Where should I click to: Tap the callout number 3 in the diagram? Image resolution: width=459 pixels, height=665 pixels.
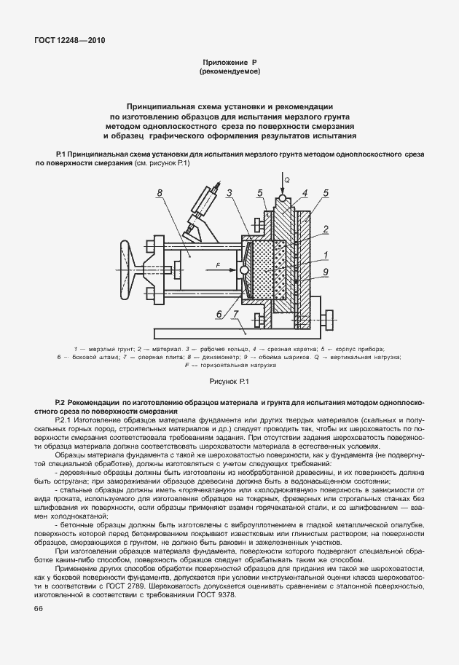229,193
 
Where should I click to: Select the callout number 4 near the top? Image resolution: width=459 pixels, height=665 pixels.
305,193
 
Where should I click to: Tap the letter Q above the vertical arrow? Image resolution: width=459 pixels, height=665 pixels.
287,178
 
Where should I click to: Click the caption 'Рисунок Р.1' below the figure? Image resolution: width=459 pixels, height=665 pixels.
229,381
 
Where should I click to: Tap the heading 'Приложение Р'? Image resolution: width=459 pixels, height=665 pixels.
229,64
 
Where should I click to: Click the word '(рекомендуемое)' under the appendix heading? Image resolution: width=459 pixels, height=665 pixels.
229,73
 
